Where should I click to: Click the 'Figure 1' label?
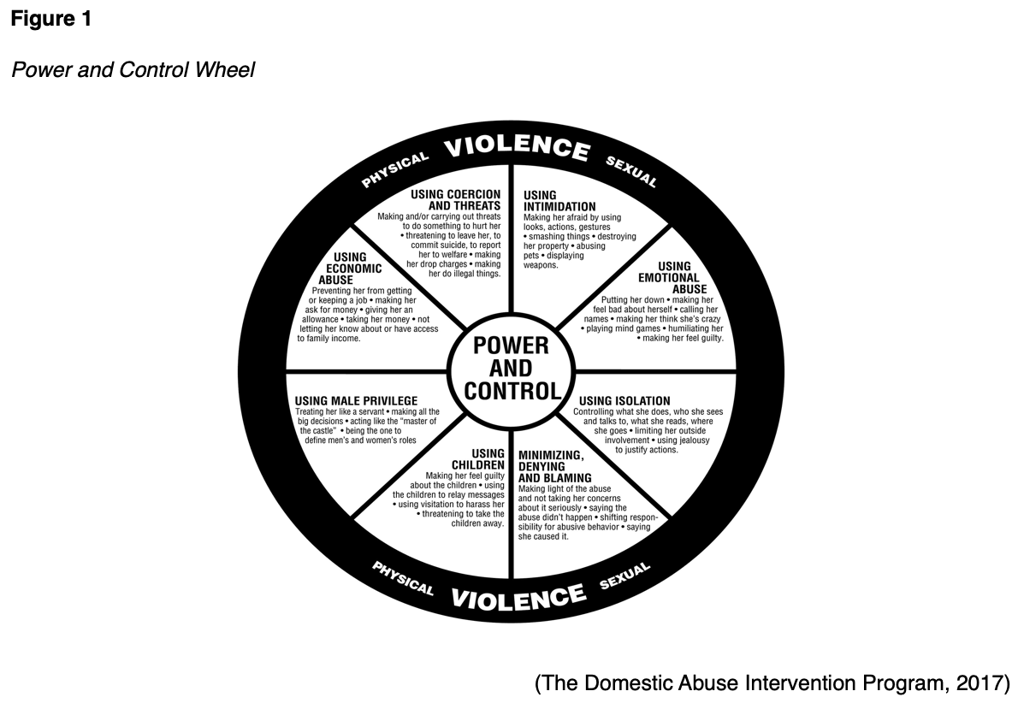tap(51, 20)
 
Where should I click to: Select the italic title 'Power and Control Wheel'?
tap(133, 70)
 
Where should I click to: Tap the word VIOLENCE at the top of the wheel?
tap(517, 145)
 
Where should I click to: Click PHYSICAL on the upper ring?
tap(394, 170)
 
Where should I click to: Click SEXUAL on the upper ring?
tap(631, 171)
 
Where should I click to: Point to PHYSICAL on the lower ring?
tap(403, 578)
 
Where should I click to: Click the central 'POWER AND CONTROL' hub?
tap(511, 369)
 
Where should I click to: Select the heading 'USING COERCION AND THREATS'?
tap(455, 200)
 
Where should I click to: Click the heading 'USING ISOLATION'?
tap(624, 401)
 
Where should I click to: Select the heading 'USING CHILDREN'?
tap(488, 459)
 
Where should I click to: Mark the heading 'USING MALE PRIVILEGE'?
tap(356, 400)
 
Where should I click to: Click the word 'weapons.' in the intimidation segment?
tap(541, 266)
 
